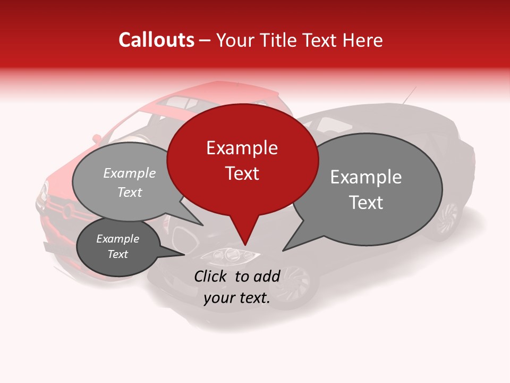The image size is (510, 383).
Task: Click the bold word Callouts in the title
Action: tap(156, 40)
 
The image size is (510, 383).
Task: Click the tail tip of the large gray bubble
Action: tap(284, 249)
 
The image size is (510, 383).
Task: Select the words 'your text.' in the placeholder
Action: tap(237, 298)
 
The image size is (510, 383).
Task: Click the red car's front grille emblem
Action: tap(67, 212)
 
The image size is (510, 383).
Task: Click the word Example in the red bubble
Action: tap(242, 148)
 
